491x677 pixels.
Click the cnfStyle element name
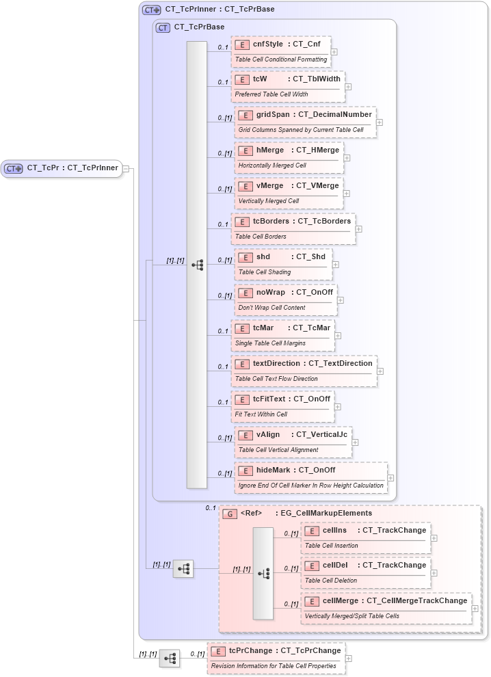[x=268, y=44]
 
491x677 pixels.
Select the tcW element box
[x=287, y=86]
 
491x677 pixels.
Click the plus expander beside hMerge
[x=347, y=158]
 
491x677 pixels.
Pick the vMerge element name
[x=269, y=186]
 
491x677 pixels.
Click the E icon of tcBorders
[x=241, y=222]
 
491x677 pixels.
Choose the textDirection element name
[x=276, y=364]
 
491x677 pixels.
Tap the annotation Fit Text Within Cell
[x=261, y=414]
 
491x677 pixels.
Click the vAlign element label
[x=268, y=435]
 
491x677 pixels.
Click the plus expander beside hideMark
[x=390, y=478]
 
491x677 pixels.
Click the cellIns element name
[x=335, y=531]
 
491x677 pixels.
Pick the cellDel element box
[x=366, y=572]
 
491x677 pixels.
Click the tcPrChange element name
[x=250, y=651]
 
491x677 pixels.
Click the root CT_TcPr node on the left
[x=62, y=168]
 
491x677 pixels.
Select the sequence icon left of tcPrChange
[x=170, y=659]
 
